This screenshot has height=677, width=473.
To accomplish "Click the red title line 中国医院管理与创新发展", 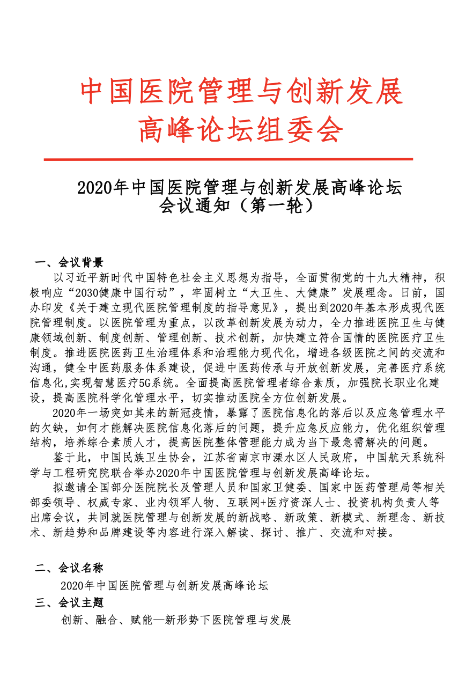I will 241,92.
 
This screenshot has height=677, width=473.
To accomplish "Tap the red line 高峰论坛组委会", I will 240,130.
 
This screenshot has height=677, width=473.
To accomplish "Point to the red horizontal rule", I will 228,159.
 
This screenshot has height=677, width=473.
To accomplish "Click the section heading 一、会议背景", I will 69,262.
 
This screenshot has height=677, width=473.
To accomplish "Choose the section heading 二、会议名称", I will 69,568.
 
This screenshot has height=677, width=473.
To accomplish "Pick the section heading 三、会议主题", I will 69,602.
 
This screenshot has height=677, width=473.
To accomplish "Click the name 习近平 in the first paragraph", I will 83,278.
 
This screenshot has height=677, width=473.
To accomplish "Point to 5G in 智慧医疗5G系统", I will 144,383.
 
